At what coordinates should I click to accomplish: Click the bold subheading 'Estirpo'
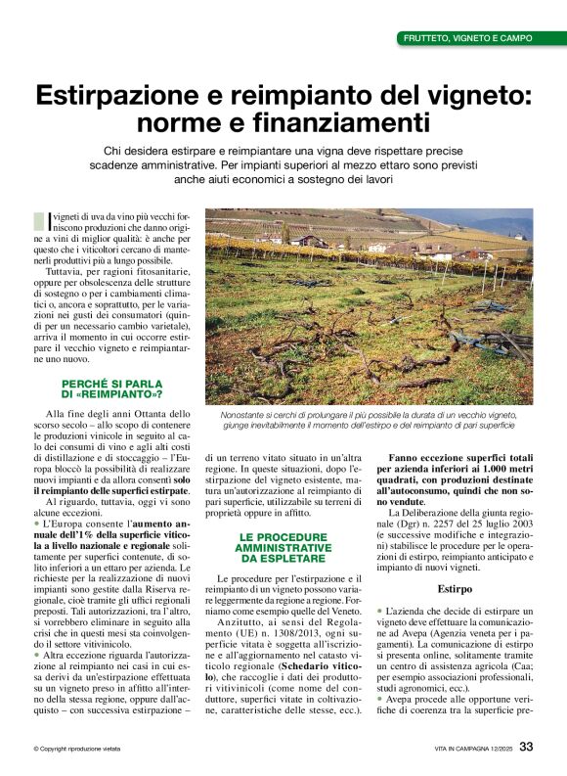(453, 590)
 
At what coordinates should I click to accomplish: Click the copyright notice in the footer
(76, 749)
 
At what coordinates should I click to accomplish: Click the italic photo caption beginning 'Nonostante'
(370, 421)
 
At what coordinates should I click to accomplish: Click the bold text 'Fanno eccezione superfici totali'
(454, 458)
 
